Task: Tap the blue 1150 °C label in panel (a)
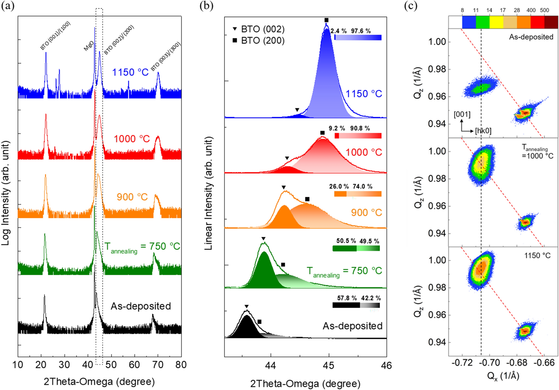tap(130, 72)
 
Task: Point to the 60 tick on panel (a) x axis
tap(135, 365)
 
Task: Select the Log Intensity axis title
tap(5, 193)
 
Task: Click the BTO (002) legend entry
tap(259, 29)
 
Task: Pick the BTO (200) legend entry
tap(259, 41)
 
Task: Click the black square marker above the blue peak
tap(327, 20)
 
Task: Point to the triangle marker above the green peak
tap(264, 239)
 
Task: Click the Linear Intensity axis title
tap(208, 193)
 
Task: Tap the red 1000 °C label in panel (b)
tap(364, 152)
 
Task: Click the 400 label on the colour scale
tap(531, 10)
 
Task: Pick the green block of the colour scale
tap(483, 22)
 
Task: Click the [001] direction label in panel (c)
tap(462, 114)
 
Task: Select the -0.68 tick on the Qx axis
tap(518, 363)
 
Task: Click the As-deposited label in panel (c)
tap(531, 37)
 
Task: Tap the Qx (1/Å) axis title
tap(503, 376)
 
